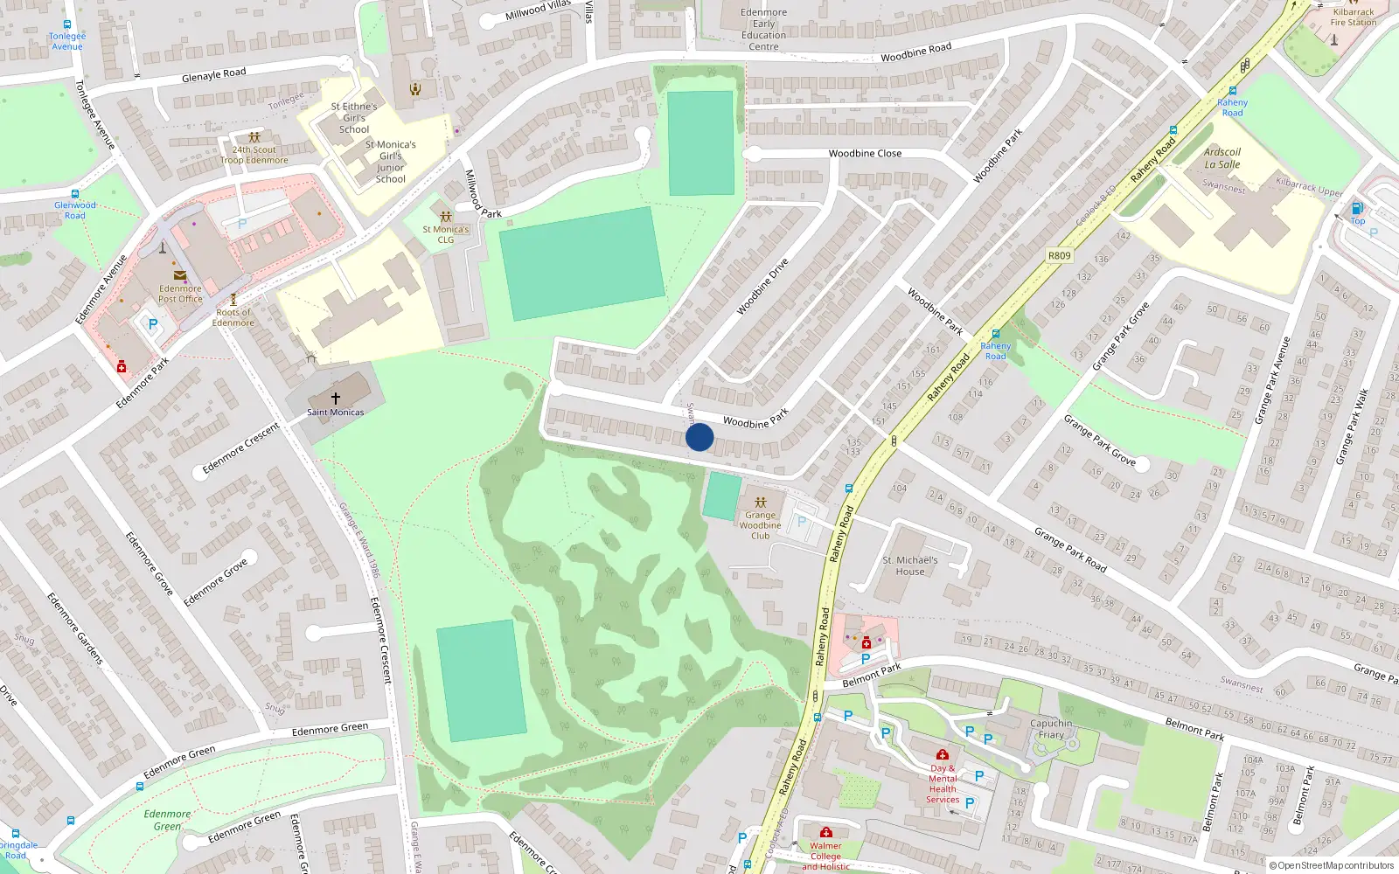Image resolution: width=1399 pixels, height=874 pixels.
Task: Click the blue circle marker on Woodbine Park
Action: coord(699,437)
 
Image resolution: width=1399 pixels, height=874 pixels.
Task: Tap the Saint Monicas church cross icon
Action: coord(335,398)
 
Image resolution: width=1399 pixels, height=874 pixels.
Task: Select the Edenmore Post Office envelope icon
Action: coord(180,275)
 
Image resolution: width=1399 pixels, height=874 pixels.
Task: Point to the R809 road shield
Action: coord(1059,256)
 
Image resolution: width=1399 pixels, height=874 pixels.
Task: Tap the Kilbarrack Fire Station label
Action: coord(1353,17)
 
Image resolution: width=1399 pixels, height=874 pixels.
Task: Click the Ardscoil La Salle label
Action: coord(1222,158)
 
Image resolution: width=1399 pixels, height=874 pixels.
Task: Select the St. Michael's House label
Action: coord(909,565)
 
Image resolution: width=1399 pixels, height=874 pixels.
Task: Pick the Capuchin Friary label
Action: coord(1051,729)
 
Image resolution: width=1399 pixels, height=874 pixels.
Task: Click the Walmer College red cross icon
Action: coord(825,832)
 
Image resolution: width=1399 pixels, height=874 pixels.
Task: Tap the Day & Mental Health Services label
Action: coord(943,784)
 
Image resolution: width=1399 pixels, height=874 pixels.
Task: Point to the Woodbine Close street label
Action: coord(865,154)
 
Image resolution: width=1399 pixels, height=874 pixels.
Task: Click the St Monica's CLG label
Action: coord(446,234)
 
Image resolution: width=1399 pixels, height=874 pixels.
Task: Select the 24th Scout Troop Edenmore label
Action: coord(254,155)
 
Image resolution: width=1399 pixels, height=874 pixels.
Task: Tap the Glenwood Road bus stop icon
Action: coord(75,194)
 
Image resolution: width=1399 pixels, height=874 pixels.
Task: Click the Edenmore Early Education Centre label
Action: coord(763,30)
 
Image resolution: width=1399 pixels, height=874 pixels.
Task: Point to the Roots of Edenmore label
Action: coord(233,317)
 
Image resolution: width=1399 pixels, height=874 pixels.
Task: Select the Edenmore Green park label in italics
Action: coord(167,820)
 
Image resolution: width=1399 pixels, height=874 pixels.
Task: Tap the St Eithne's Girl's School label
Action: coord(354,118)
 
